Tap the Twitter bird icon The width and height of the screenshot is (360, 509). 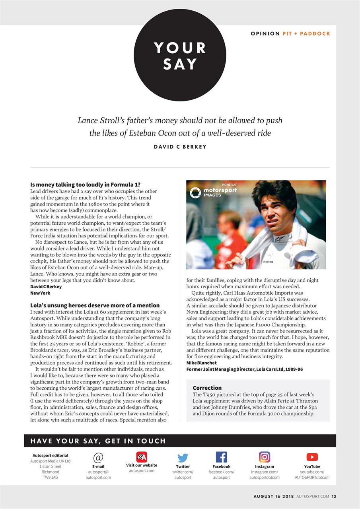[183, 458]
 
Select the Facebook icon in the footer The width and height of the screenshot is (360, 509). [221, 457]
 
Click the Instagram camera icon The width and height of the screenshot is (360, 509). [265, 457]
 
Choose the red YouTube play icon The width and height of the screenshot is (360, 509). [312, 457]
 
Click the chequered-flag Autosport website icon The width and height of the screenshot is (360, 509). [142, 457]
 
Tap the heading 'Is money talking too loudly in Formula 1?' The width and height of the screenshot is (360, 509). [85, 185]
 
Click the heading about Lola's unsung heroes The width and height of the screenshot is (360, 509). [95, 305]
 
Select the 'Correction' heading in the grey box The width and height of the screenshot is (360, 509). [207, 388]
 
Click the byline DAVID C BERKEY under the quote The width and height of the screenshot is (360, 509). [180, 147]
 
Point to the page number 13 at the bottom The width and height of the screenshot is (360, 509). [334, 496]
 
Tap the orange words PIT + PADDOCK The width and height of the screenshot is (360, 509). [306, 33]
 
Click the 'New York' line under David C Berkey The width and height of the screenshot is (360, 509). [41, 293]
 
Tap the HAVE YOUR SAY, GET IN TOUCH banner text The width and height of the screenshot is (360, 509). [98, 441]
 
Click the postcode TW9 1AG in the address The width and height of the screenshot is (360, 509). [51, 477]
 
